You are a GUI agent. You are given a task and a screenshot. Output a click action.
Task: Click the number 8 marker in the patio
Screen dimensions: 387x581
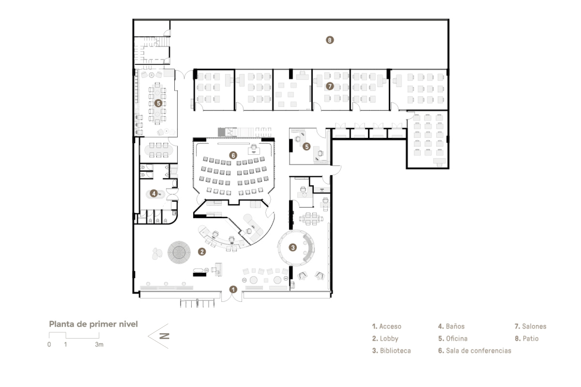pyautogui.click(x=329, y=40)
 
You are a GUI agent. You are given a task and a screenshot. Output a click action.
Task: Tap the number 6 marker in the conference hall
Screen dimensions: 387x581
pyautogui.click(x=233, y=155)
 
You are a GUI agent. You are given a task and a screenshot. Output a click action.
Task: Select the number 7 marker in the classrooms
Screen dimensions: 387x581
pyautogui.click(x=330, y=86)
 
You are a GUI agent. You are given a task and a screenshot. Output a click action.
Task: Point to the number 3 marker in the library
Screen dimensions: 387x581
pyautogui.click(x=293, y=247)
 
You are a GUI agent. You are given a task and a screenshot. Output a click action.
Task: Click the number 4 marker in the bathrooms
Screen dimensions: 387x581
pyautogui.click(x=154, y=193)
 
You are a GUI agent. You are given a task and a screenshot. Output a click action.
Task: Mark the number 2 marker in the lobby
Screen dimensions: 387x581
pyautogui.click(x=201, y=252)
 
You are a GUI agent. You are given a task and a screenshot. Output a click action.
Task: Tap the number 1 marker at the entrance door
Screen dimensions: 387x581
pyautogui.click(x=233, y=289)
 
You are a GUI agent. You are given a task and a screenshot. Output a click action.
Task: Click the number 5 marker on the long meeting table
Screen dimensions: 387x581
pyautogui.click(x=158, y=103)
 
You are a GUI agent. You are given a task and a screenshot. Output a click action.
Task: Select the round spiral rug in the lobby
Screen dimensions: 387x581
pyautogui.click(x=179, y=252)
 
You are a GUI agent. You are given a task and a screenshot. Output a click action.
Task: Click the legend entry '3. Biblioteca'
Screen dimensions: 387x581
pyautogui.click(x=391, y=351)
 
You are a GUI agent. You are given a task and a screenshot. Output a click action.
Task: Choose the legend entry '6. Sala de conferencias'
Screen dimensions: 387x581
pyautogui.click(x=474, y=351)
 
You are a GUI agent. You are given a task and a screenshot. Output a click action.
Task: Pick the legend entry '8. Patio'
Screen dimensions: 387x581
pyautogui.click(x=526, y=339)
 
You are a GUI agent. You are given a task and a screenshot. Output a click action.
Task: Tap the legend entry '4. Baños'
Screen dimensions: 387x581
pyautogui.click(x=451, y=326)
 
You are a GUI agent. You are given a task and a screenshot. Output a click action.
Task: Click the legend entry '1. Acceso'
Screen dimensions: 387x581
pyautogui.click(x=387, y=326)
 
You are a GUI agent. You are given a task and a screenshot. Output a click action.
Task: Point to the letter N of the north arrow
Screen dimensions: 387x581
pyautogui.click(x=165, y=336)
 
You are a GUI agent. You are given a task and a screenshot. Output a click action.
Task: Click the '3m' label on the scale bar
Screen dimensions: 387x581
pyautogui.click(x=99, y=344)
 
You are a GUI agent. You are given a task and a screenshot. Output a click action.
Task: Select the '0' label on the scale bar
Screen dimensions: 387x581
pyautogui.click(x=49, y=344)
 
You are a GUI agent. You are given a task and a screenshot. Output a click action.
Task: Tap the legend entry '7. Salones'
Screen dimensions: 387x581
pyautogui.click(x=530, y=326)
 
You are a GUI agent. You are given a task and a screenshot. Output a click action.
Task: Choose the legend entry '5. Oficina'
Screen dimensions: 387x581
pyautogui.click(x=453, y=339)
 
